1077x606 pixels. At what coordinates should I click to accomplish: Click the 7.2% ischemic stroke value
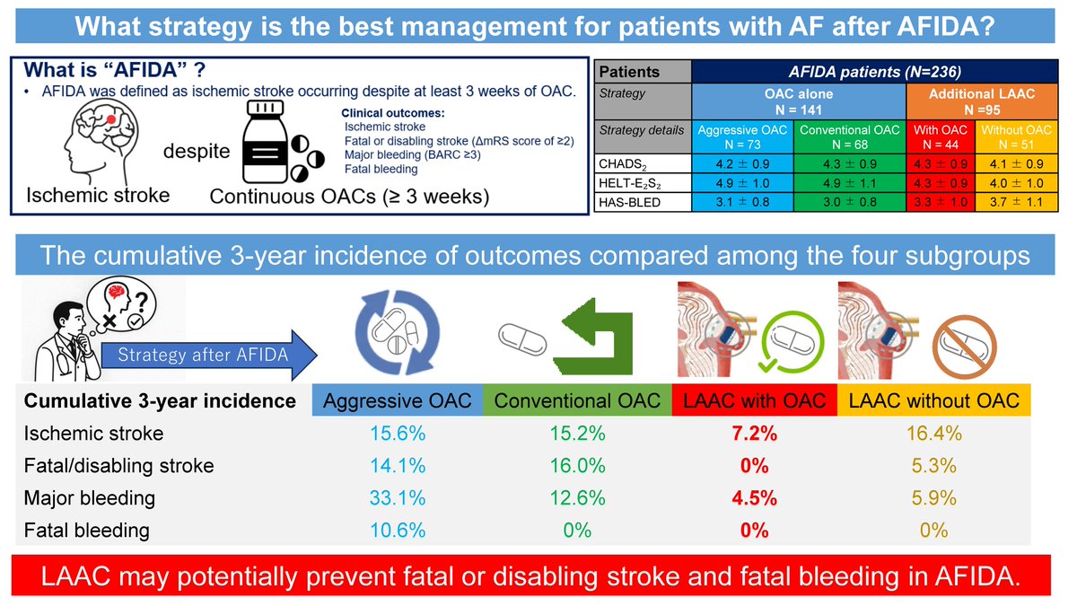pos(754,434)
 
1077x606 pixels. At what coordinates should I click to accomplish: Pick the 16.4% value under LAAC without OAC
pos(933,434)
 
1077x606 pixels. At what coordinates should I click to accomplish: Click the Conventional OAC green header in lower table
pos(578,400)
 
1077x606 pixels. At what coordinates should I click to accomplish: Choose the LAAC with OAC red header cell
pos(754,400)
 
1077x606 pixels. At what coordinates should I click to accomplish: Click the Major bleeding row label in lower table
pos(89,498)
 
